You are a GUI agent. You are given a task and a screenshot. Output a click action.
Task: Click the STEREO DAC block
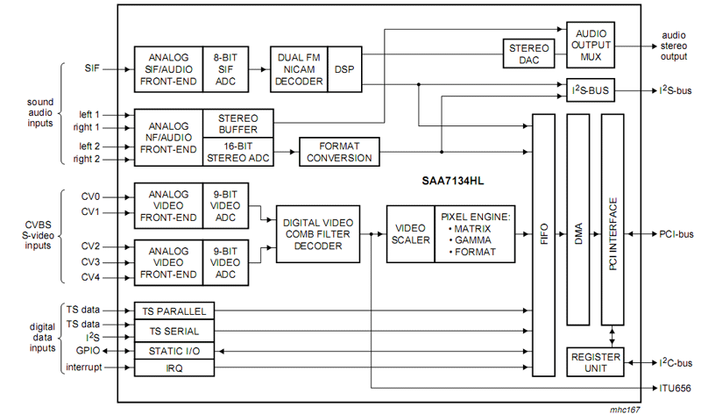[527, 54]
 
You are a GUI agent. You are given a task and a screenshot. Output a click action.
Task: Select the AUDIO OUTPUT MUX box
[591, 46]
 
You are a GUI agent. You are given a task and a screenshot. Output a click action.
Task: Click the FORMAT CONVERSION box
[338, 151]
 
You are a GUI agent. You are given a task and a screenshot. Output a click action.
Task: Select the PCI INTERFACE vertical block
[612, 225]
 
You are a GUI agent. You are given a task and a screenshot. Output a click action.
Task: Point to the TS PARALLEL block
[173, 311]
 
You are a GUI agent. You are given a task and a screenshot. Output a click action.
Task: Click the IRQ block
[173, 368]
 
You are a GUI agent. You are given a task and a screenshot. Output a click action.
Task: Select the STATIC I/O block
[173, 350]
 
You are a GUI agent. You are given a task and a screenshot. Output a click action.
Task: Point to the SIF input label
[92, 68]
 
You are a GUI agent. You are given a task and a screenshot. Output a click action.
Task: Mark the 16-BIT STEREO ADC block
[238, 151]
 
